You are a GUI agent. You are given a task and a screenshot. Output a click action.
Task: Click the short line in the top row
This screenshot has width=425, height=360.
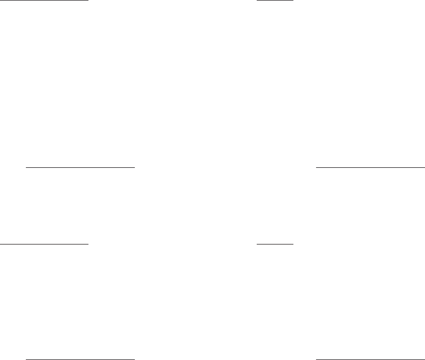[x=275, y=1]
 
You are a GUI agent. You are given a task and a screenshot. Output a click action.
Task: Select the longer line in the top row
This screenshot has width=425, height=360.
[x=44, y=1]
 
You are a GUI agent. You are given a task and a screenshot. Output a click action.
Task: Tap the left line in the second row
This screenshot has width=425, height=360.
[x=80, y=168]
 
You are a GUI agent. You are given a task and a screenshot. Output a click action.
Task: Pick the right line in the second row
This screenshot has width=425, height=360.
[x=370, y=168]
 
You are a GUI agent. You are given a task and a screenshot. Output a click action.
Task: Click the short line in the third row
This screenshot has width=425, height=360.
[x=275, y=244]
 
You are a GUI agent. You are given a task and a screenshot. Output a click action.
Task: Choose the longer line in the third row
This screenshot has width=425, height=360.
[x=44, y=244]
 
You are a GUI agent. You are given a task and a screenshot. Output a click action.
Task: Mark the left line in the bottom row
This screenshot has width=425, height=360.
[x=80, y=358]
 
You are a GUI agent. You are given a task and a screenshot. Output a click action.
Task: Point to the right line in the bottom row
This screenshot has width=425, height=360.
[x=370, y=358]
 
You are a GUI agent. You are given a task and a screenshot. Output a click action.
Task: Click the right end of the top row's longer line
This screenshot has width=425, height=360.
[x=87, y=1]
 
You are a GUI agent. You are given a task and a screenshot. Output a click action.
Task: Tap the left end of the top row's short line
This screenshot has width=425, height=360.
[x=257, y=1]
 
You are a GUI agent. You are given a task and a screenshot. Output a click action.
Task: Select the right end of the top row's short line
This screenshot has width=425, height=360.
[x=293, y=1]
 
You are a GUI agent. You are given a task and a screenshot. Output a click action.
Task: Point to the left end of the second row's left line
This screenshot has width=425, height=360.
[x=26, y=168]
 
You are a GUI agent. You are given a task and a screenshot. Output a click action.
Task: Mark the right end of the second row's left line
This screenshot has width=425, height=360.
[x=134, y=168]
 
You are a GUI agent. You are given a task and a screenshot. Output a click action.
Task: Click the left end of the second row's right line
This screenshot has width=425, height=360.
[x=316, y=168]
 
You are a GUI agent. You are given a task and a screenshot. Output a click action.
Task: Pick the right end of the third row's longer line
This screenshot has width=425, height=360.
[x=87, y=244]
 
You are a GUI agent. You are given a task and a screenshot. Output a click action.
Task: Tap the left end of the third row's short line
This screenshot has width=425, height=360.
[x=257, y=244]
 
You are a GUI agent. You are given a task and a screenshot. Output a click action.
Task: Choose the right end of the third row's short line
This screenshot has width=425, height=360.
[x=293, y=244]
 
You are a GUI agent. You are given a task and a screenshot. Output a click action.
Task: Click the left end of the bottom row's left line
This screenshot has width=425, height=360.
[x=26, y=358]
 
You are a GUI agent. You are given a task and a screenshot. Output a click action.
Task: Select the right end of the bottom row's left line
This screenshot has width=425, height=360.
[x=134, y=358]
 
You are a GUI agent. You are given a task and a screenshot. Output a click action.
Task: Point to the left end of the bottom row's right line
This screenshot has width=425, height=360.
[x=316, y=358]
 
